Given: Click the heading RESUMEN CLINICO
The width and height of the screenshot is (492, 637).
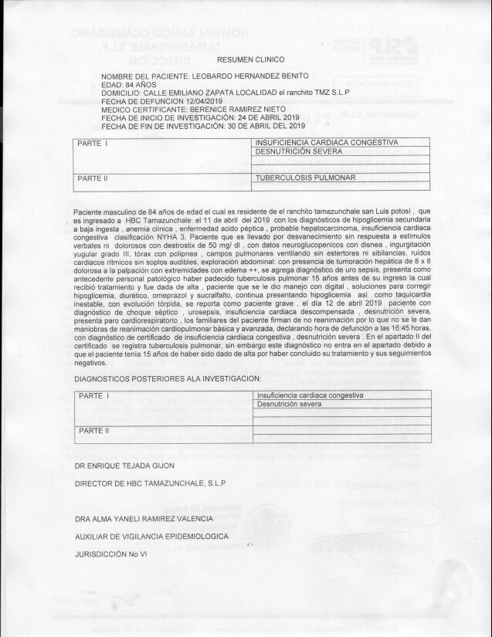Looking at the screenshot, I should point(246,59).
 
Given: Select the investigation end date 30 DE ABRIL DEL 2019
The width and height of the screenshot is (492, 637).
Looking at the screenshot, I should point(259,125).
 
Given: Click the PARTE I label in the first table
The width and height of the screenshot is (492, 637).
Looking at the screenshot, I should point(92,144).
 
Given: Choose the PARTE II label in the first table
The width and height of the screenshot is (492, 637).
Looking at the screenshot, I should point(93,179).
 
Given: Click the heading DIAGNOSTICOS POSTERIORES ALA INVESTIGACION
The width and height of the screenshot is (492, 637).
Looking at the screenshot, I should point(168,378).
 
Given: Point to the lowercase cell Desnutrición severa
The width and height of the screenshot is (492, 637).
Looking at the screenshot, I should point(290,404).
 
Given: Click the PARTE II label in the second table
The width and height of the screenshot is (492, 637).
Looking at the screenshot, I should point(93,430).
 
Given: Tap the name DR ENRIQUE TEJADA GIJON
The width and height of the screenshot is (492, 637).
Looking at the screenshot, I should point(125,466).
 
